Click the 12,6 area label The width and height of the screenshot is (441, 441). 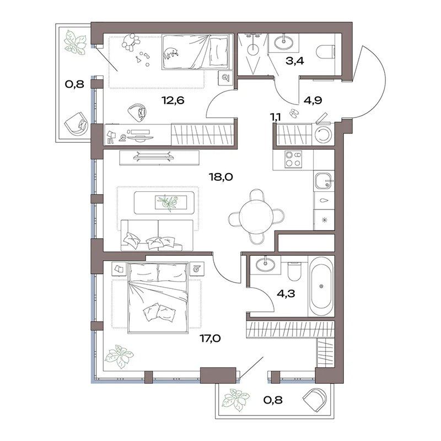coord(173,100)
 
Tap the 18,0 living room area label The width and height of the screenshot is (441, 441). coord(221,177)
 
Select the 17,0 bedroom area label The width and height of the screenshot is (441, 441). coord(210,338)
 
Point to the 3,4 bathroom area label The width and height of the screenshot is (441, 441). coord(295,61)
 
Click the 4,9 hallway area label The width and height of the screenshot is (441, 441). coord(313,100)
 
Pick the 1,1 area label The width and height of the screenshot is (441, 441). coord(276,116)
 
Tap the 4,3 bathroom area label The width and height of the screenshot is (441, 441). coord(286,294)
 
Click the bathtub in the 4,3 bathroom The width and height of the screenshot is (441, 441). coord(321,286)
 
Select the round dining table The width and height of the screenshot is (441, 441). coord(256,216)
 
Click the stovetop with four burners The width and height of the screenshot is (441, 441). coord(293,159)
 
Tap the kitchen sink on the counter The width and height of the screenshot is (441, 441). coord(324,181)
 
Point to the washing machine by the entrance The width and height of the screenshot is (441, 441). coord(323,134)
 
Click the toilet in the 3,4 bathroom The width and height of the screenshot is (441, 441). coord(326,51)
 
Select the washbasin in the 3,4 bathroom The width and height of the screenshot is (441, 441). coord(283,42)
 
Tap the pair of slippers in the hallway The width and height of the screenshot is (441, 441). coord(294,113)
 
